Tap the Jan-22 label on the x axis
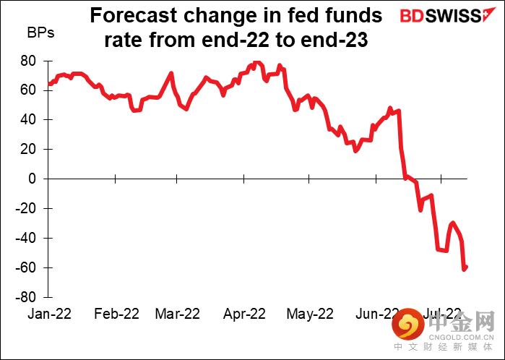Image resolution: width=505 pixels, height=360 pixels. point(48,314)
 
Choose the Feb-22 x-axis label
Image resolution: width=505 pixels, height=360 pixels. point(116,314)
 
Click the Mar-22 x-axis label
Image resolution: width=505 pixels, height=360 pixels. point(177,314)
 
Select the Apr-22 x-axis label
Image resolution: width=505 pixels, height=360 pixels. point(245,314)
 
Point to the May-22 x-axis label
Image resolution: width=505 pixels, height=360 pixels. point(310,314)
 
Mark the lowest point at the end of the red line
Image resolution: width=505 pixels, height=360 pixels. point(464,269)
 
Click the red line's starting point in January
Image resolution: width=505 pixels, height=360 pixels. point(49,85)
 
